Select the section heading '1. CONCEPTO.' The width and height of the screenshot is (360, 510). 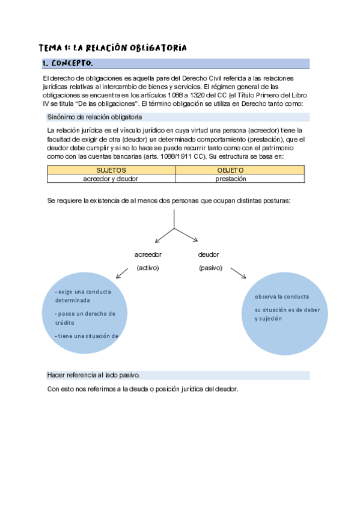pos(67,64)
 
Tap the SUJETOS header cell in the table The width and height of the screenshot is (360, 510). pos(111,171)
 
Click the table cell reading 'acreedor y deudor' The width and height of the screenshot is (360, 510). pos(111,179)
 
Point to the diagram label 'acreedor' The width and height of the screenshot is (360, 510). pos(148,254)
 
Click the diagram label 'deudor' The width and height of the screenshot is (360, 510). pos(209,254)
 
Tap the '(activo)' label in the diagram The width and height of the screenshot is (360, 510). pos(148,268)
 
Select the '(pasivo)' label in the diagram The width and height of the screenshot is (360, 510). pos(210,268)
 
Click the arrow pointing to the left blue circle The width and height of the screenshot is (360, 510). pos(123,273)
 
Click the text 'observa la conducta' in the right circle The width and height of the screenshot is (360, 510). pos(282,297)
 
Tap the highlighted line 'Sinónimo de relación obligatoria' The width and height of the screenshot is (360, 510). pos(94,117)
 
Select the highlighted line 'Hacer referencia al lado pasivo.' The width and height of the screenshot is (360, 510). pos(93,375)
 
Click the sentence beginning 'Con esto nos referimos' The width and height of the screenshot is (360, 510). pos(142,389)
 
